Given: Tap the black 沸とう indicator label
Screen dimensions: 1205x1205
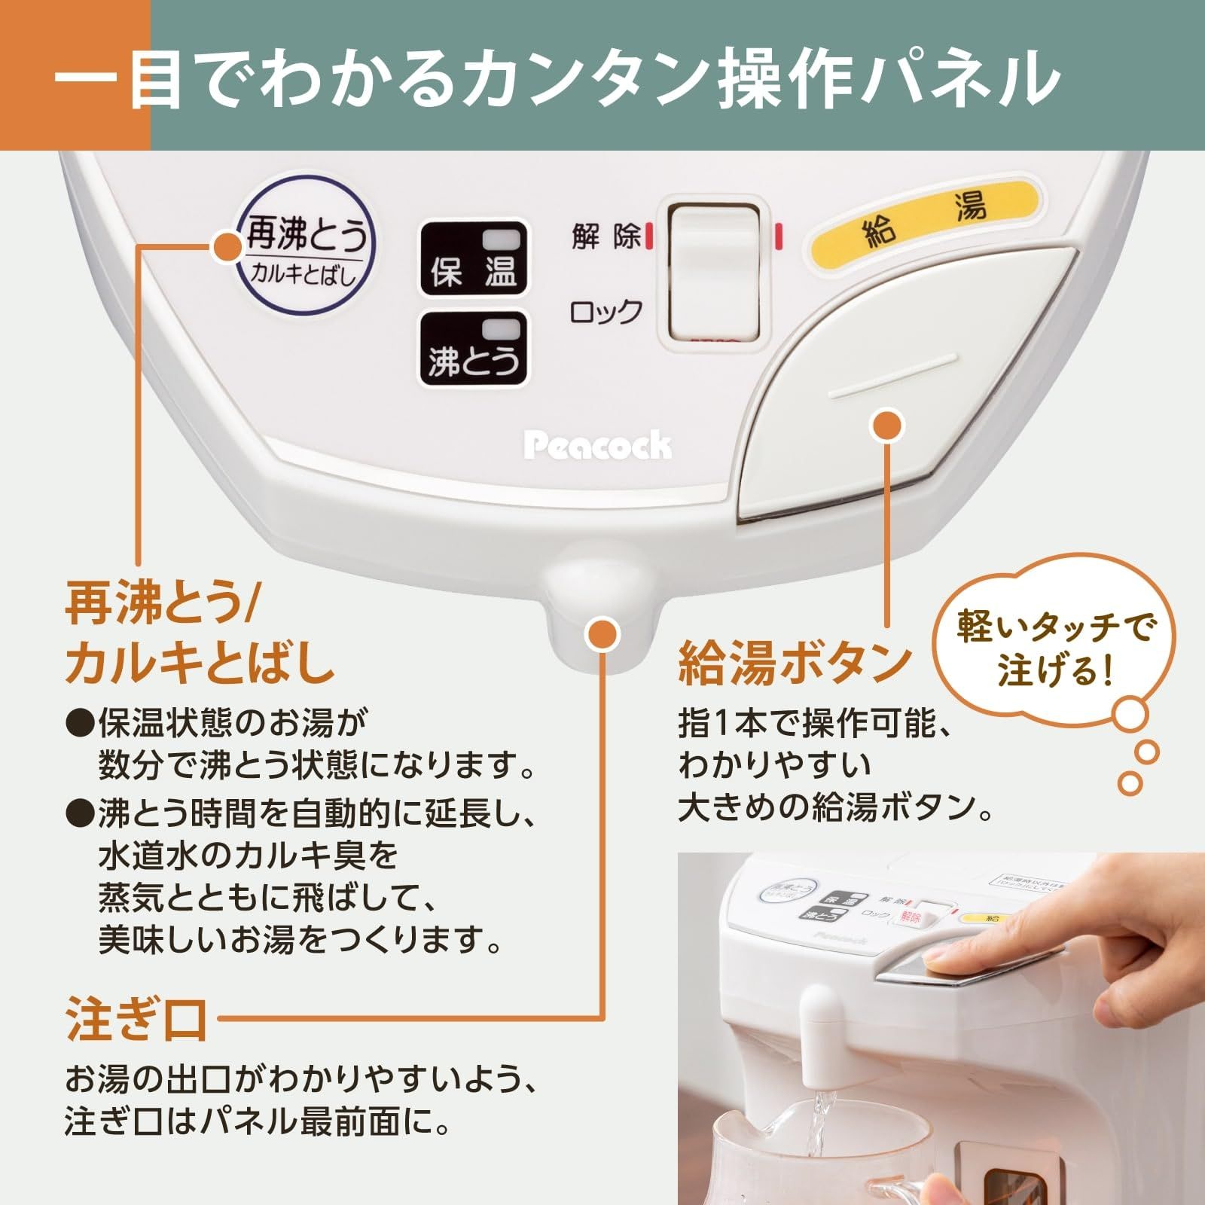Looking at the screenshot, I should [x=472, y=349].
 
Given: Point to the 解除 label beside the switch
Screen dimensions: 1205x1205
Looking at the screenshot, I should [x=606, y=236].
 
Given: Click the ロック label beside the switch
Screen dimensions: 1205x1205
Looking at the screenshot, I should [x=606, y=311].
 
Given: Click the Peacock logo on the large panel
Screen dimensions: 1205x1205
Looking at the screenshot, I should [x=597, y=446].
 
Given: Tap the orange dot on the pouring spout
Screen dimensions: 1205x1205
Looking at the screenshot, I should [x=602, y=634].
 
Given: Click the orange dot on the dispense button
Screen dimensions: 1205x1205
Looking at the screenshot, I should [x=887, y=426].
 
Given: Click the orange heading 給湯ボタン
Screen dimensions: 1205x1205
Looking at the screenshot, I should [x=795, y=663].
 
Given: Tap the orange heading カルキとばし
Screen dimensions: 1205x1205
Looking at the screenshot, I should [x=200, y=663].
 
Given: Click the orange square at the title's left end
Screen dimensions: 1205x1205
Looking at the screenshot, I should [x=75, y=75].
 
